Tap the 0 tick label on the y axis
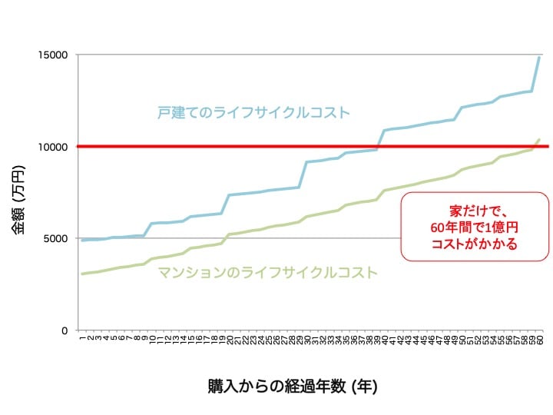[x=65, y=330]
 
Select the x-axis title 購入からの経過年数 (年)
[x=292, y=385]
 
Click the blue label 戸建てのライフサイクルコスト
[x=253, y=113]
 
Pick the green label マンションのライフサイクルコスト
[x=267, y=272]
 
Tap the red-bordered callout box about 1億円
[x=475, y=227]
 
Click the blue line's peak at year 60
[x=539, y=57]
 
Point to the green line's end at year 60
[x=539, y=139]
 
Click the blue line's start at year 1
[x=82, y=241]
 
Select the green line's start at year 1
[x=82, y=274]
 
